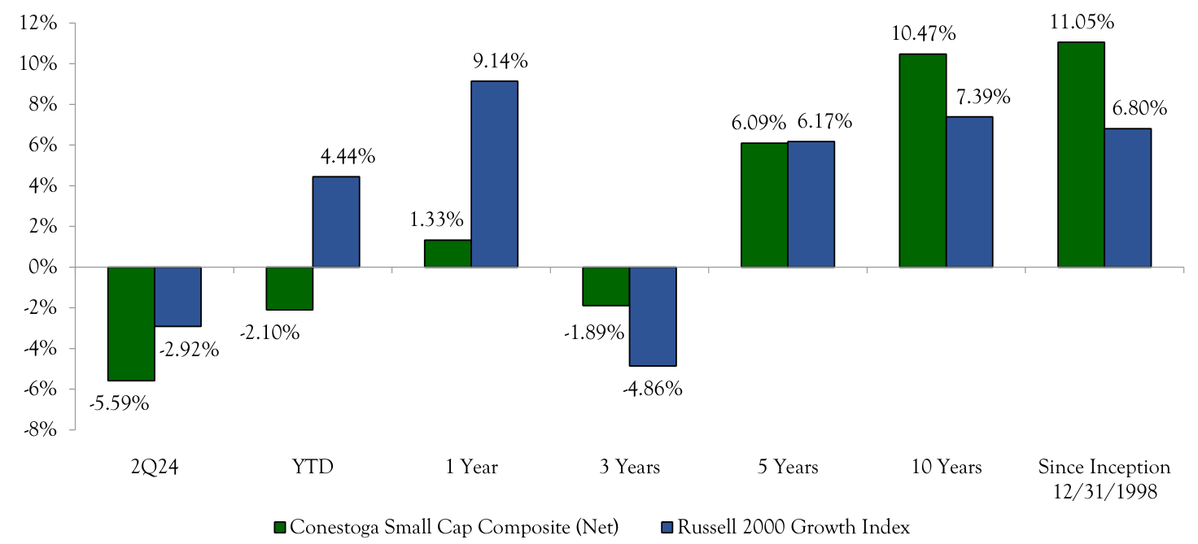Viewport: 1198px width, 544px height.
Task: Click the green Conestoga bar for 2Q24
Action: click(131, 324)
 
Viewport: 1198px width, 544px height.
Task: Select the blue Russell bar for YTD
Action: click(336, 222)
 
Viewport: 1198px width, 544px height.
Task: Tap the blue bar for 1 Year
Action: click(494, 174)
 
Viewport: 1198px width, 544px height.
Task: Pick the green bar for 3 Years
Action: click(606, 286)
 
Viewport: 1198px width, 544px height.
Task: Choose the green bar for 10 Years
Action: click(922, 160)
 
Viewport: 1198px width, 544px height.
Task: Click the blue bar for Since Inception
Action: click(1127, 198)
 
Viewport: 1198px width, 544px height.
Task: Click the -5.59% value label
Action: click(119, 403)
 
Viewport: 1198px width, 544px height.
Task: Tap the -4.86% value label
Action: click(652, 389)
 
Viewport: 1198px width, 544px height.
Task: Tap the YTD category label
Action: click(313, 468)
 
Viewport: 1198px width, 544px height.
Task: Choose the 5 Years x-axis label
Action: click(787, 468)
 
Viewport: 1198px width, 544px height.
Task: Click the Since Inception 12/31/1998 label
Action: click(1104, 478)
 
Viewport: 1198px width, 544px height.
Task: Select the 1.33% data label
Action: click(436, 220)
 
